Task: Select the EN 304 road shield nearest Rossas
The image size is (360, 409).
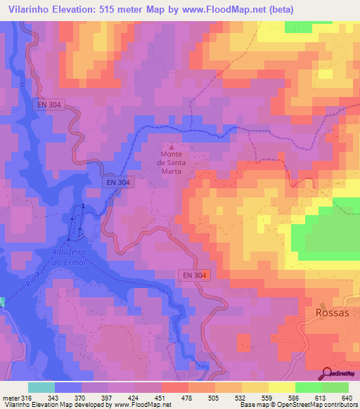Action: [192, 276]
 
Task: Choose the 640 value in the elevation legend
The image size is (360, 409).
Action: [345, 397]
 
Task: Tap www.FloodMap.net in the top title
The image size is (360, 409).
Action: [225, 9]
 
